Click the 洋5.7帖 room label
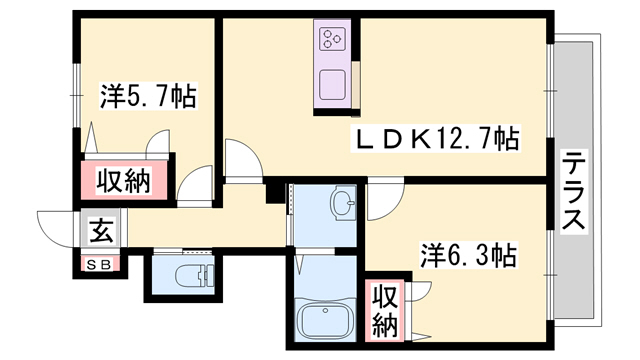pos(147,97)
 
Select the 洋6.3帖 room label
pos(468,256)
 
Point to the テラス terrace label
pos(573,192)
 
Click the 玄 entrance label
pos(101,232)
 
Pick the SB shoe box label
pos(100,264)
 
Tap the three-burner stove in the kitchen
pos(331,40)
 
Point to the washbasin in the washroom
pos(344,206)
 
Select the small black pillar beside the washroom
pos(272,192)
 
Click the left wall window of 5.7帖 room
pos(77,95)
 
